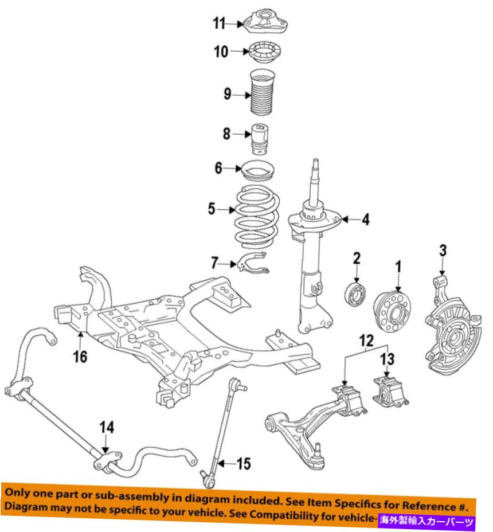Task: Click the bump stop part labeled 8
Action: pyautogui.click(x=261, y=139)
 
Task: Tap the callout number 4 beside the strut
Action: pyautogui.click(x=365, y=219)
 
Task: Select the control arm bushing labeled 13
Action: pyautogui.click(x=390, y=391)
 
